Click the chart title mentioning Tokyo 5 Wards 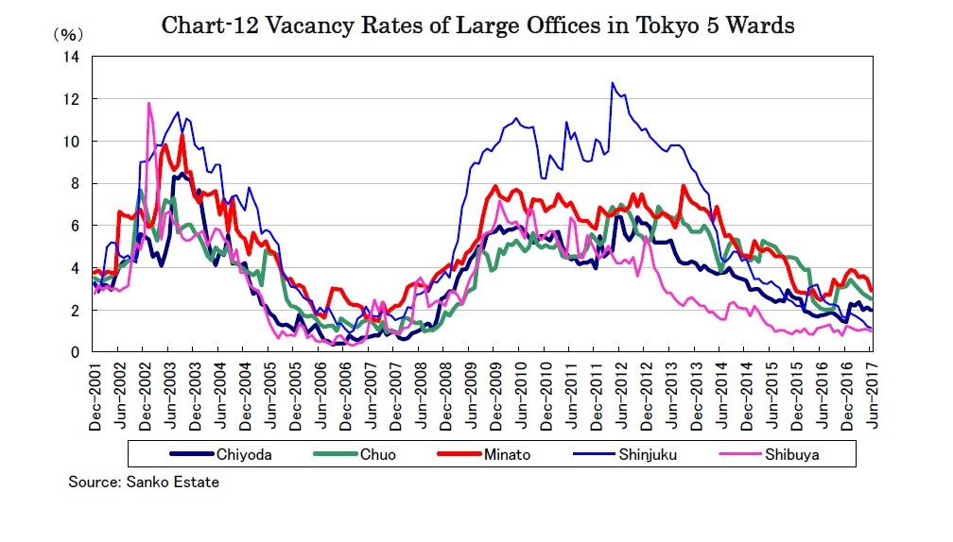(x=477, y=25)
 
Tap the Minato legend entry (x=496, y=454)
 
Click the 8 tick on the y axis (x=76, y=183)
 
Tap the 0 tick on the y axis (x=76, y=352)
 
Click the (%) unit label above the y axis (x=66, y=34)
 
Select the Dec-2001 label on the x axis (x=95, y=397)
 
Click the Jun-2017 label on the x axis (x=870, y=397)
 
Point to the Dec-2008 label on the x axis (x=443, y=397)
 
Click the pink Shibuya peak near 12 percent (x=149, y=104)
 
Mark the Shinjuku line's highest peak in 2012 (x=613, y=83)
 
